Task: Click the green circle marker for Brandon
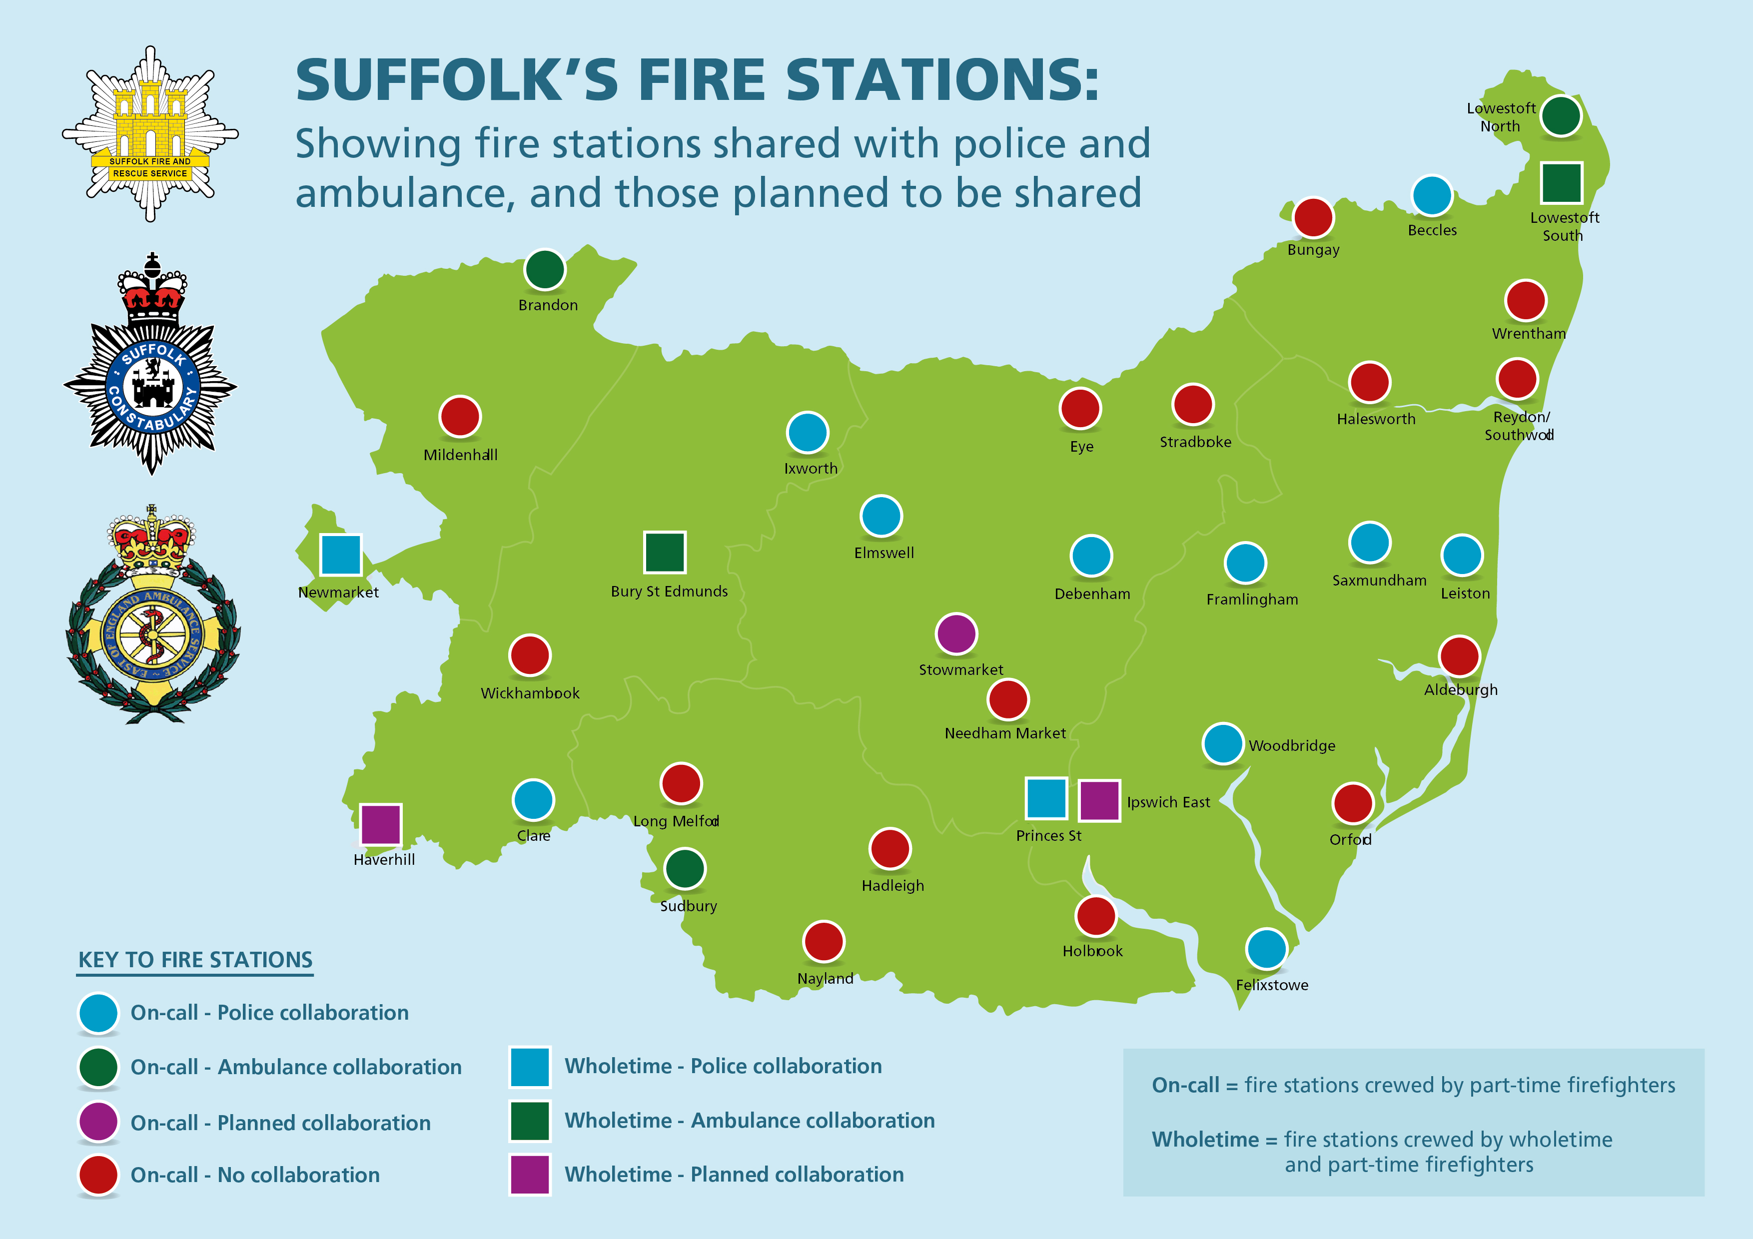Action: point(544,269)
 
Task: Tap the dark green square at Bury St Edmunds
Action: point(664,552)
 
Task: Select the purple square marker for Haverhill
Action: point(380,824)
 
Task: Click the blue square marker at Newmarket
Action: point(340,554)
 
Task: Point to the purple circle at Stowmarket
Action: point(956,633)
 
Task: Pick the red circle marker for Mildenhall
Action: point(460,417)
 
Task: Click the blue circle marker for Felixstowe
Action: point(1266,949)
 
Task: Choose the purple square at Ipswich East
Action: point(1099,800)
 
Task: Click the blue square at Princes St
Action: point(1045,798)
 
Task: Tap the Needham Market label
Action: point(1005,733)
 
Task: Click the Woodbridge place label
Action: point(1292,746)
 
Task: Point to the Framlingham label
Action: point(1252,600)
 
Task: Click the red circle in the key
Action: point(98,1175)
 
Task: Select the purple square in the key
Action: point(530,1174)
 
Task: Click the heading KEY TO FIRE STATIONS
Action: point(195,960)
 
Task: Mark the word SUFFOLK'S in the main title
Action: point(457,80)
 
